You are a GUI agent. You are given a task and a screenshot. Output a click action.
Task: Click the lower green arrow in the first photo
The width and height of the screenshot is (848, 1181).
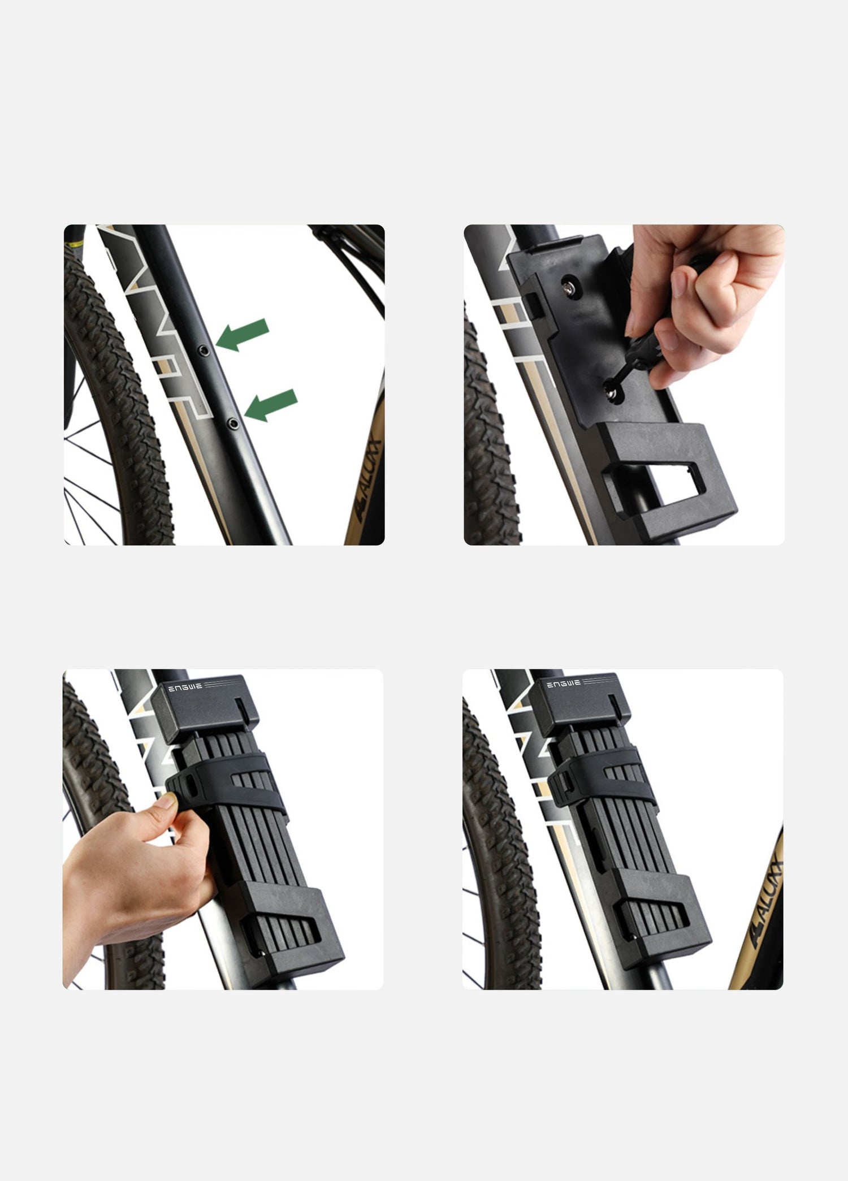pos(272,405)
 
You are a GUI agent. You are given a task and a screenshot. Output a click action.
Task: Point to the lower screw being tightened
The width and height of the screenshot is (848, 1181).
pos(612,392)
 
